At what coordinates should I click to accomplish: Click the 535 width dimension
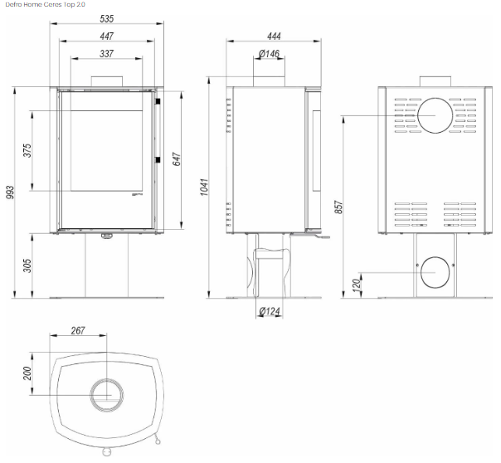click(107, 18)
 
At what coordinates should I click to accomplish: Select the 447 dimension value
click(107, 37)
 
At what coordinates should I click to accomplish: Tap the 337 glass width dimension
click(107, 53)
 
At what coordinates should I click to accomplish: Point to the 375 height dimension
click(27, 150)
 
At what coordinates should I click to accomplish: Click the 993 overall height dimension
click(10, 192)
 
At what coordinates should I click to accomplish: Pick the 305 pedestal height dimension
click(27, 266)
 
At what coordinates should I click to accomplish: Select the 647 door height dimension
click(177, 159)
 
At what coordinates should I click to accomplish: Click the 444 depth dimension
click(274, 37)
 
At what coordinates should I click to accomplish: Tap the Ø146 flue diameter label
click(269, 53)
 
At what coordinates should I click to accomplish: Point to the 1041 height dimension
click(204, 188)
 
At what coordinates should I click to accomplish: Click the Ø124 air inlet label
click(270, 311)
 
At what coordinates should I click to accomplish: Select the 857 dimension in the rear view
click(338, 207)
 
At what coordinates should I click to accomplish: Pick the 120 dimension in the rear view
click(356, 285)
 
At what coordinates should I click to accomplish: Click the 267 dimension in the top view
click(78, 330)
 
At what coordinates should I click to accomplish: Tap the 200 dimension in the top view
click(27, 373)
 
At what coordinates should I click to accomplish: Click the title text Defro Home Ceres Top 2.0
click(46, 4)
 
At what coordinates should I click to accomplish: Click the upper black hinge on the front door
click(158, 101)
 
